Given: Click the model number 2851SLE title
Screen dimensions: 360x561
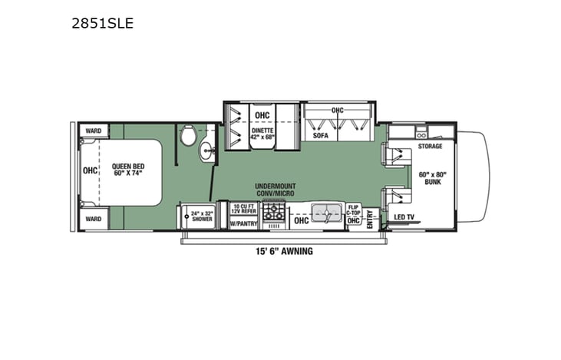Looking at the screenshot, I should [102, 23].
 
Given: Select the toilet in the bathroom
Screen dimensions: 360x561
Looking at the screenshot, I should [187, 135].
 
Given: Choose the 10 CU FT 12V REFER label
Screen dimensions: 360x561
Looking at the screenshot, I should [245, 209].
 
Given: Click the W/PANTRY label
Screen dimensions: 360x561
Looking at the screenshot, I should [244, 223].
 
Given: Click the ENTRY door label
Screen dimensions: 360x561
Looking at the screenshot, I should [370, 220].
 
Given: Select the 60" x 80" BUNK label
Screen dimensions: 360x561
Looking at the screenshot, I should [431, 178].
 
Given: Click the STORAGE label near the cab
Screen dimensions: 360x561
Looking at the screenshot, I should [431, 145].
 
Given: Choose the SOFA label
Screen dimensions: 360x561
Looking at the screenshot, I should [320, 135].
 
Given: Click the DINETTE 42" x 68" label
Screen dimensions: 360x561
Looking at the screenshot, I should [262, 134].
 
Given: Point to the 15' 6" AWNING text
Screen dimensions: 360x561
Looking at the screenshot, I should [285, 251].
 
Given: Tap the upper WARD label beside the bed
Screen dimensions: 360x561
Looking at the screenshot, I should [94, 130].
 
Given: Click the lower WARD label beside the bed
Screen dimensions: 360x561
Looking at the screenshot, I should [94, 218].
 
